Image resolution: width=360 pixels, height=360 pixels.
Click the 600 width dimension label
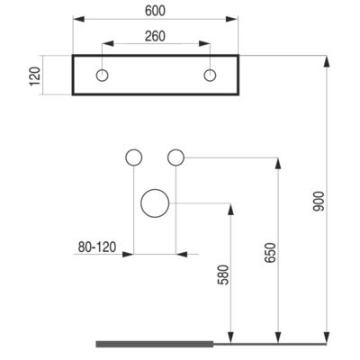(155, 11)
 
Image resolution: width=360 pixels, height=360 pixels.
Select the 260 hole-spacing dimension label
(155, 36)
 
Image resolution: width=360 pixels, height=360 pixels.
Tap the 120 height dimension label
(35, 76)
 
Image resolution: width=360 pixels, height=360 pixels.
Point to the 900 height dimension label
(319, 202)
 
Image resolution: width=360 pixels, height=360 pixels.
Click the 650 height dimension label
(270, 253)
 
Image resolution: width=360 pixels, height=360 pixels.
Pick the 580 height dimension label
(223, 274)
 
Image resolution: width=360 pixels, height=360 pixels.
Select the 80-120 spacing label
(97, 247)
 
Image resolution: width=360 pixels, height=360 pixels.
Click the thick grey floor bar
(155, 344)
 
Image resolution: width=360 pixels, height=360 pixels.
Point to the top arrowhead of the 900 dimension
(327, 61)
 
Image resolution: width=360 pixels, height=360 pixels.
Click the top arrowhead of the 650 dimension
(278, 163)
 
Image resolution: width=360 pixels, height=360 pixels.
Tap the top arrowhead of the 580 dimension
(230, 209)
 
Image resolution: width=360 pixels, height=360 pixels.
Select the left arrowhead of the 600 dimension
(79, 19)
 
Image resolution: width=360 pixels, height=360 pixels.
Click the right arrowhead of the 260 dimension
(204, 44)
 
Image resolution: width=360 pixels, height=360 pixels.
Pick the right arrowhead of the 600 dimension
(232, 19)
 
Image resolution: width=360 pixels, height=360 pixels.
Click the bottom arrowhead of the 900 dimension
(327, 337)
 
